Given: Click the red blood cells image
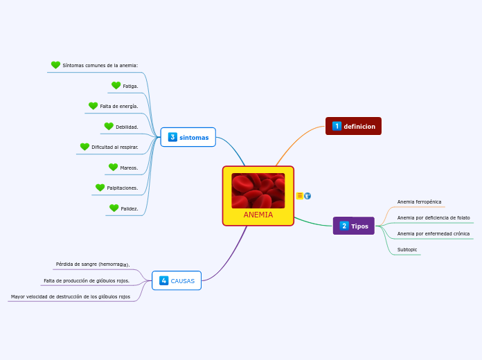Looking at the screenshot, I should [x=258, y=190].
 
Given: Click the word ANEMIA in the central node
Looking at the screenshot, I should [x=258, y=215].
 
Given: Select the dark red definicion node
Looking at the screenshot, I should [x=353, y=126].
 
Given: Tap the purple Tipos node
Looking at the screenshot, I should [x=353, y=226].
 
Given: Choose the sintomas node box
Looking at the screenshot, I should [x=188, y=137].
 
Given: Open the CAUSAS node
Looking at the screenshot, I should [x=177, y=280].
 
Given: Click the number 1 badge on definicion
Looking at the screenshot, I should [x=337, y=126].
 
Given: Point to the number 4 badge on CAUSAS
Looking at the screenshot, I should [x=163, y=280].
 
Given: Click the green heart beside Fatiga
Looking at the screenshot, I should [x=116, y=86].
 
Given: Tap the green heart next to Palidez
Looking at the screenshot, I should [x=114, y=208].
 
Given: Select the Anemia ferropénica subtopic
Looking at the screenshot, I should [x=419, y=202].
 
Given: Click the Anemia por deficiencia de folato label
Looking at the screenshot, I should [x=433, y=218].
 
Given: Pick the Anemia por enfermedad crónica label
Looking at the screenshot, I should [x=433, y=234].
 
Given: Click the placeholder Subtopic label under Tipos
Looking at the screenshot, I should [x=407, y=250].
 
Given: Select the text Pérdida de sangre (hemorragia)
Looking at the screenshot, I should [x=93, y=264].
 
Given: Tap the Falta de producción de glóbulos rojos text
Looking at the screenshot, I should [x=87, y=280].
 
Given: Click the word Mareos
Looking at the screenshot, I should [x=129, y=168].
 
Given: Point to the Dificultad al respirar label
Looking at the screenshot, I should [x=114, y=147].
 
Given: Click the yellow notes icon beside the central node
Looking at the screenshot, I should [x=300, y=196].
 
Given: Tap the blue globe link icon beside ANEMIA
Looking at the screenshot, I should [x=307, y=196].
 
